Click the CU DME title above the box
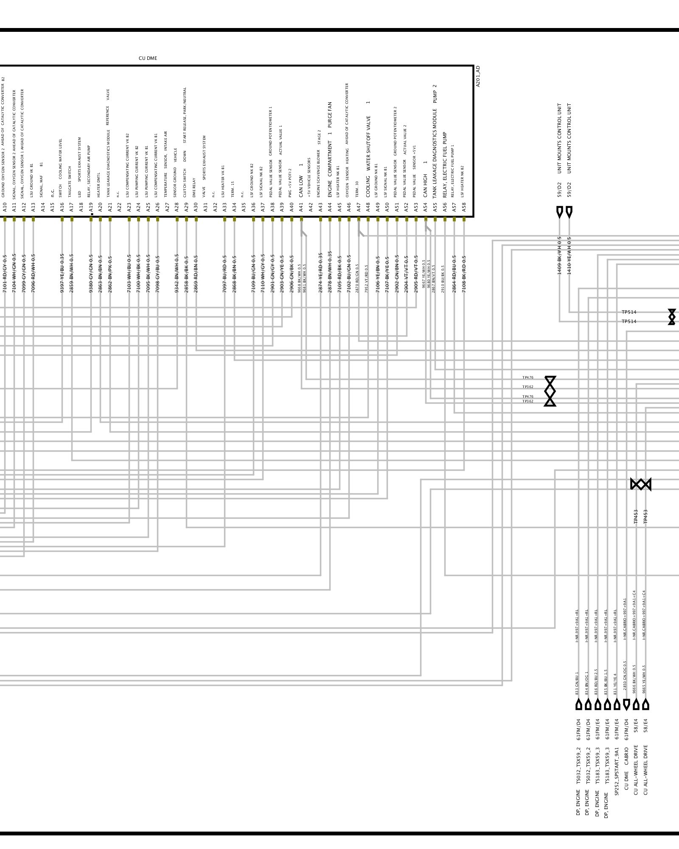[148, 59]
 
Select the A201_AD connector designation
[478, 76]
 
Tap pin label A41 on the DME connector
[301, 207]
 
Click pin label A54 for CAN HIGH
[425, 207]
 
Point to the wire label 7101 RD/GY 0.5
[5, 274]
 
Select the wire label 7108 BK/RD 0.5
[464, 274]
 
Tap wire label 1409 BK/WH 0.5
[559, 256]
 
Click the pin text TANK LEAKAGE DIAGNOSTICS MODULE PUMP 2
[435, 141]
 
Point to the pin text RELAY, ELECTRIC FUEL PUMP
[445, 165]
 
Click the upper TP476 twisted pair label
[528, 378]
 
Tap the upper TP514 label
[629, 312]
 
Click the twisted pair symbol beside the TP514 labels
[671, 317]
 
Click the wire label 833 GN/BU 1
[577, 683]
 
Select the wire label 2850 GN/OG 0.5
[625, 681]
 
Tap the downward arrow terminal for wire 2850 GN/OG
[626, 705]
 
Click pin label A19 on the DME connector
[91, 207]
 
